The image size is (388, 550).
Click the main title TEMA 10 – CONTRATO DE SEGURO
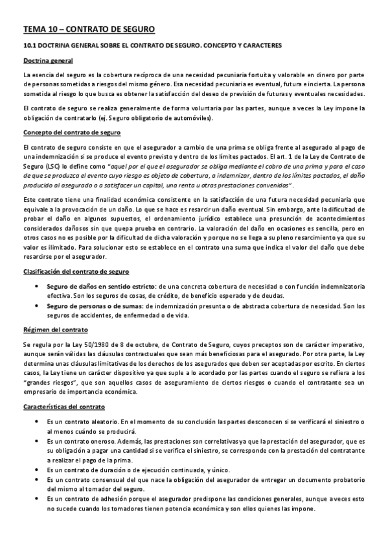pyautogui.click(x=89, y=29)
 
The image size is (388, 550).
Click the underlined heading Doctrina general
pyautogui.click(x=47, y=60)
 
